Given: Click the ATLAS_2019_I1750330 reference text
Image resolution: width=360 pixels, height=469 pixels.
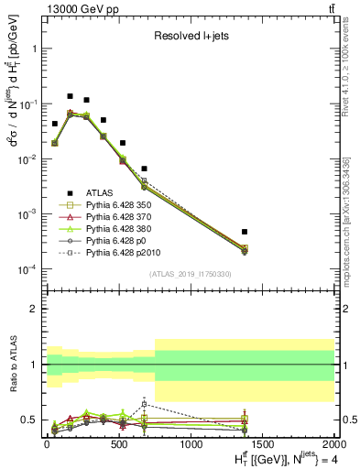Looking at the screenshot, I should point(190,274).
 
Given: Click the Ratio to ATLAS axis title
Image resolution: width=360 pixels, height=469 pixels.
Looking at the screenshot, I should point(12,365).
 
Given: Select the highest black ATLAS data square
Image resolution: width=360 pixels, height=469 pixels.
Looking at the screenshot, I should point(70,95).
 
